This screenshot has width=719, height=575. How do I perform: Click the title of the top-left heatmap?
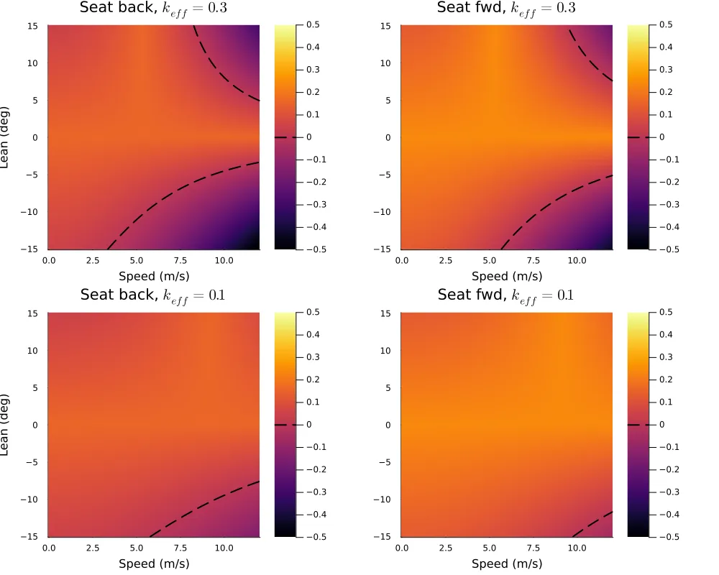pyautogui.click(x=154, y=9)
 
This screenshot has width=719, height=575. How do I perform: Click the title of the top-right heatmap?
pyautogui.click(x=506, y=9)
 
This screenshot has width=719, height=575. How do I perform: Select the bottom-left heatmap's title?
pyautogui.click(x=154, y=295)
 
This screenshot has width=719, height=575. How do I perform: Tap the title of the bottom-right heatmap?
pyautogui.click(x=506, y=295)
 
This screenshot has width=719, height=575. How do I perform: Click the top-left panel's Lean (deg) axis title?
pyautogui.click(x=6, y=137)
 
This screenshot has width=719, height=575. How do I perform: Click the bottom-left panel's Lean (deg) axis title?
pyautogui.click(x=6, y=424)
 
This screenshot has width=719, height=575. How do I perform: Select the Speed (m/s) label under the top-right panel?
pyautogui.click(x=507, y=277)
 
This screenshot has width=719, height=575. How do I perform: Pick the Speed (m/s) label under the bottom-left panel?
pyautogui.click(x=154, y=563)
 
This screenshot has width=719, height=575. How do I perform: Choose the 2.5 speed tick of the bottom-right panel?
pyautogui.click(x=445, y=548)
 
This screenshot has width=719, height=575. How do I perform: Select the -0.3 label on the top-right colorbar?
pyautogui.click(x=667, y=204)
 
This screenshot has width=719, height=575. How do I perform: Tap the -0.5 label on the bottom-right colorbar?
pyautogui.click(x=667, y=536)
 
